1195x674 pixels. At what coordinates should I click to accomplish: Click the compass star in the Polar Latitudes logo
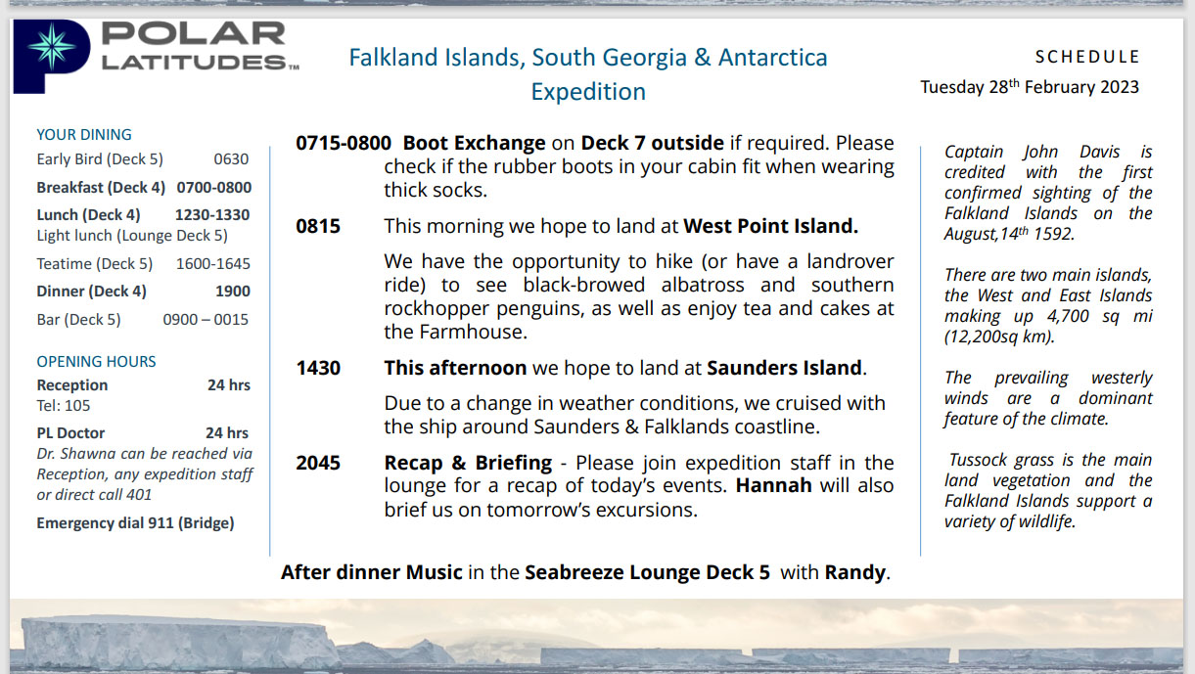tap(52, 46)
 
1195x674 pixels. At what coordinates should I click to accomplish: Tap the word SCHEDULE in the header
tap(1087, 57)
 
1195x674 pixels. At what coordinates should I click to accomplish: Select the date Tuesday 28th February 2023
tap(1030, 87)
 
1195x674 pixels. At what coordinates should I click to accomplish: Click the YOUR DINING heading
tap(84, 134)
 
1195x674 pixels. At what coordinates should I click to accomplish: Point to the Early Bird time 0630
tap(231, 158)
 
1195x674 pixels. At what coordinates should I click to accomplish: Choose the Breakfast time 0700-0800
tap(214, 187)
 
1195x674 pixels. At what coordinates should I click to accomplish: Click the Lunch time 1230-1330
tap(212, 214)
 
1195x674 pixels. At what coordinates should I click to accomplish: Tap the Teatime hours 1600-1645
tap(212, 263)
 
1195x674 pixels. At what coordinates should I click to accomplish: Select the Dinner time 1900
tap(233, 292)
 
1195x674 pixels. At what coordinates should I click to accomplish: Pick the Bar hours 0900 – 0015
tap(206, 320)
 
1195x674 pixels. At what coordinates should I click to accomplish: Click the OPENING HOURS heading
tap(96, 362)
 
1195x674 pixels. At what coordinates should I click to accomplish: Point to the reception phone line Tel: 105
tap(63, 406)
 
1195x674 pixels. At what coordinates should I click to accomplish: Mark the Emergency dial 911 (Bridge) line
tap(135, 523)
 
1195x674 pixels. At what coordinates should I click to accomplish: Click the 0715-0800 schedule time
tap(344, 143)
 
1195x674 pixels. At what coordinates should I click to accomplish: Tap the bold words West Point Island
tap(771, 226)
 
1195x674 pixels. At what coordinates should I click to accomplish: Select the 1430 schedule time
tap(318, 368)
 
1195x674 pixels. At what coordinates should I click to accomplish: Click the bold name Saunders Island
tap(784, 368)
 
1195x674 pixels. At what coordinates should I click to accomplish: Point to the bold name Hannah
tap(773, 486)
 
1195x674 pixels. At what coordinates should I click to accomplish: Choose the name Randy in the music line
tap(855, 572)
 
